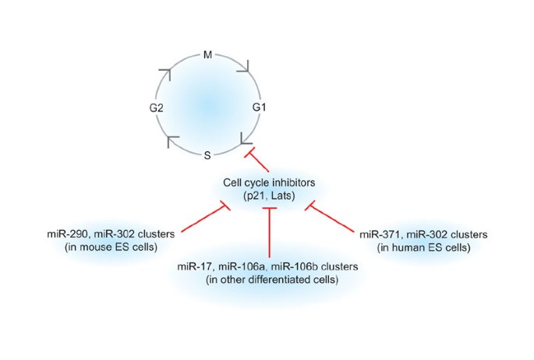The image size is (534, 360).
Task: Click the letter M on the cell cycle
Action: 207,55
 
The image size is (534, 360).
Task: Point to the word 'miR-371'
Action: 380,235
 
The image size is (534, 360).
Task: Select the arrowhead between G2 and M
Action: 166,74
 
